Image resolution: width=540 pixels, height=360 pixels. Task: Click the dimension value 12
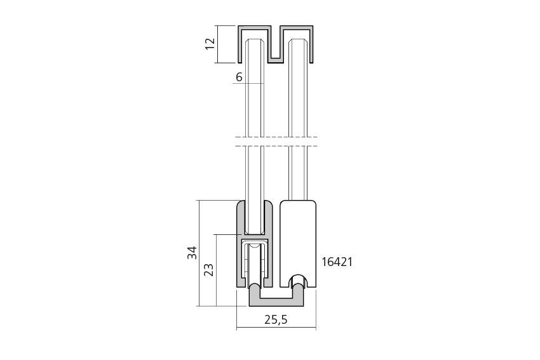pos(210,44)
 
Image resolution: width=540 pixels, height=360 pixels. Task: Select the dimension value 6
pos(239,77)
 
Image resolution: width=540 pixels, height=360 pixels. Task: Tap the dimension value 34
pos(192,253)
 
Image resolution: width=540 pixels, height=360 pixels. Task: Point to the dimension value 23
pos(209,269)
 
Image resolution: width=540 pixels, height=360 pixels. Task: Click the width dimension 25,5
pos(276,320)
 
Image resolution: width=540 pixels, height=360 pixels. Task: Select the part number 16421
pos(337,262)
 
